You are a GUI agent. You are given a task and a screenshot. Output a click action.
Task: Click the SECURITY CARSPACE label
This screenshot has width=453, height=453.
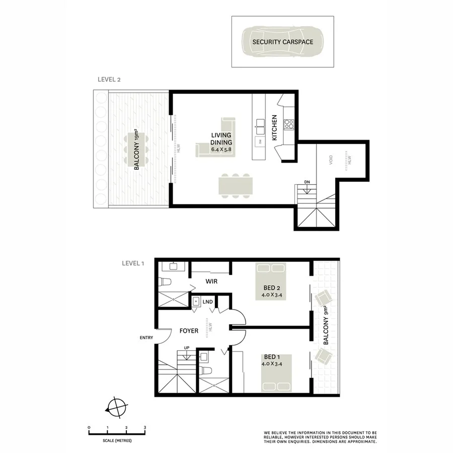click(x=282, y=42)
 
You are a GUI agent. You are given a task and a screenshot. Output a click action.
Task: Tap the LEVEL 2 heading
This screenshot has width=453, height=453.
click(x=109, y=80)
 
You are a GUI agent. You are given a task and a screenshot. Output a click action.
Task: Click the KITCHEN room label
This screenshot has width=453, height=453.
click(x=275, y=127)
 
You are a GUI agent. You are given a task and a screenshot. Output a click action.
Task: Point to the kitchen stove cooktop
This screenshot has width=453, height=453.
click(x=289, y=123)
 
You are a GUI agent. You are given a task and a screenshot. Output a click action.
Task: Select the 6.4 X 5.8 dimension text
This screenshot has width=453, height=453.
click(x=222, y=149)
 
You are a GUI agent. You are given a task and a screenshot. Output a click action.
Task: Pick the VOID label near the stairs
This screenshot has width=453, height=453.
click(x=331, y=160)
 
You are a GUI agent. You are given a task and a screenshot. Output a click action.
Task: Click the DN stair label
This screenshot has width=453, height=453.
click(x=307, y=182)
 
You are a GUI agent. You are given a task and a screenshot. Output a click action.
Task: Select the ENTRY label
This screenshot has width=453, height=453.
click(x=146, y=338)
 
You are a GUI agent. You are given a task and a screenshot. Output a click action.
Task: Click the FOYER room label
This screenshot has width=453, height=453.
click(x=189, y=331)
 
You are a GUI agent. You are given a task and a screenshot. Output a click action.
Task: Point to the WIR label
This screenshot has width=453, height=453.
click(x=211, y=281)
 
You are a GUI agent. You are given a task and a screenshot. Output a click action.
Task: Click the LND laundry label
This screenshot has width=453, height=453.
click(x=207, y=301)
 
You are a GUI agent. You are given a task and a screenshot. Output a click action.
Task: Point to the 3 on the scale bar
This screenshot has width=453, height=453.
click(x=145, y=427)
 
